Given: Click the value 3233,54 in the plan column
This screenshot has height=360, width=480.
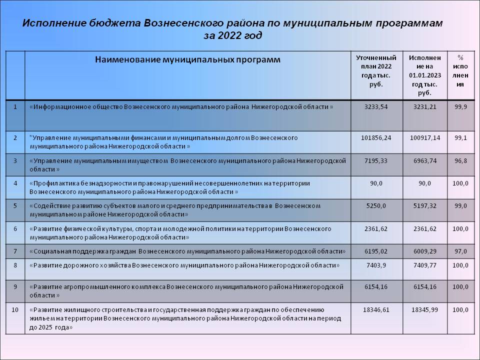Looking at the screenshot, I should tap(376, 107).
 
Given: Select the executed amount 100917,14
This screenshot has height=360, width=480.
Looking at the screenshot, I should tap(424, 137).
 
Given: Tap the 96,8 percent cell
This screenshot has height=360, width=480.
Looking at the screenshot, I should tap(460, 160).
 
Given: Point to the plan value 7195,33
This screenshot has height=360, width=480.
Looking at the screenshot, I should tap(376, 160).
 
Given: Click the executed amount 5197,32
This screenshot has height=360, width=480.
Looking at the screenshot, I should tap(424, 206).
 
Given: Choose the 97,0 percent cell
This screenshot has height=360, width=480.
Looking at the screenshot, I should tap(460, 251).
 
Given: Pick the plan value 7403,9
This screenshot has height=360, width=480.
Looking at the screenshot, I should tap(376, 265).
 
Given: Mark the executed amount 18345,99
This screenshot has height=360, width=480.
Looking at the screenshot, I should tap(424, 310).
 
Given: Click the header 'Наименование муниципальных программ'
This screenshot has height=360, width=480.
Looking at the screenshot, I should tap(187, 60).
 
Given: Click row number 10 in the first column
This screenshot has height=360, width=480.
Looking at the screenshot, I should tap(15, 310).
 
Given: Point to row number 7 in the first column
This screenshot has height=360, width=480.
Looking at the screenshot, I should tap(15, 251).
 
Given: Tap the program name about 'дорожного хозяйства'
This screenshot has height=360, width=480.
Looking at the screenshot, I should tap(184, 265).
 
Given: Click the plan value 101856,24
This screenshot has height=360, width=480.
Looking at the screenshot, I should tap(376, 137).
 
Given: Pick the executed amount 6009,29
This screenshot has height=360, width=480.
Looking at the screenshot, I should tap(424, 251).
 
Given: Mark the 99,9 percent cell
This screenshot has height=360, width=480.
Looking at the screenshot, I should tap(460, 107).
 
